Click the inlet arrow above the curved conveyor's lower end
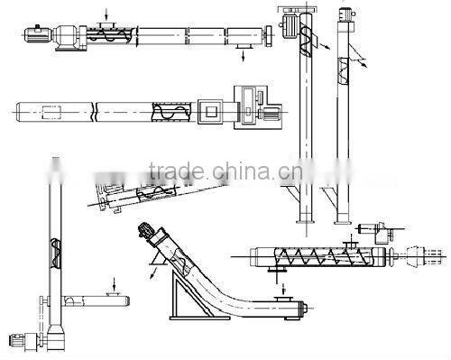[283, 290]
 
